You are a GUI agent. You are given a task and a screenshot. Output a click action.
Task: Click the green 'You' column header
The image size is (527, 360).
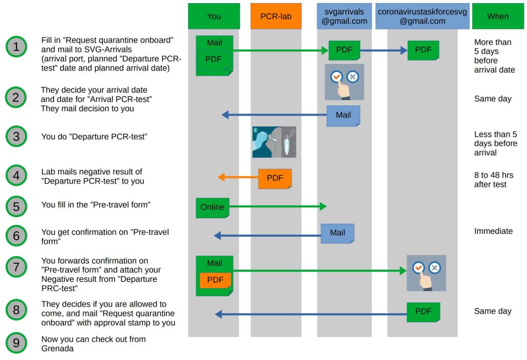[214, 16]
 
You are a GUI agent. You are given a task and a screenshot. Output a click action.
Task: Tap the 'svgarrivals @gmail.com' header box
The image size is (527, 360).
[344, 16]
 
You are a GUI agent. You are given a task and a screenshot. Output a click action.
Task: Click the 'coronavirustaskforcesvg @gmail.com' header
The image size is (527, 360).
[423, 16]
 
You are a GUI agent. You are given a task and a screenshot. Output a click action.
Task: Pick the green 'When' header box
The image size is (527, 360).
[498, 16]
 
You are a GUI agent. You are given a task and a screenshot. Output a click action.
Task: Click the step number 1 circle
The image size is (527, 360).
[16, 47]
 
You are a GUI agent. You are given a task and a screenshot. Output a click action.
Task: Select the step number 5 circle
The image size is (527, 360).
[16, 206]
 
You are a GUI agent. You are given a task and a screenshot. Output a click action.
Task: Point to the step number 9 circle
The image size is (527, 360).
[16, 343]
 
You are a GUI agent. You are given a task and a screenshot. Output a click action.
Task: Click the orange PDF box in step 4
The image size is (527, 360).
[275, 178]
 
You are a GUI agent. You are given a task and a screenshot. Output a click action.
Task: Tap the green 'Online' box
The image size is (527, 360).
[213, 207]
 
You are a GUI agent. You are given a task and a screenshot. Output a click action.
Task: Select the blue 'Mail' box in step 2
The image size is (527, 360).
[343, 116]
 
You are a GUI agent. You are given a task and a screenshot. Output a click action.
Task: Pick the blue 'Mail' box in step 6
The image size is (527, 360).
[337, 233]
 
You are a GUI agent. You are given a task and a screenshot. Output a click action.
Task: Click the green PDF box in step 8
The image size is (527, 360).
[424, 312]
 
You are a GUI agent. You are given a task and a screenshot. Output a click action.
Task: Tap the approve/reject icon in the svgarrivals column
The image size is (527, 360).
[344, 82]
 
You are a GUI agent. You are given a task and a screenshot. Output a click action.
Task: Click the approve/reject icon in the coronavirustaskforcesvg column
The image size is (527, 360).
[426, 273]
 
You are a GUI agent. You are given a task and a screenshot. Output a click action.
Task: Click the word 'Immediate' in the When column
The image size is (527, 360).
[493, 231]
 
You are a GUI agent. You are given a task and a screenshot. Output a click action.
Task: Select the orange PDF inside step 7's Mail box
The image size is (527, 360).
[215, 280]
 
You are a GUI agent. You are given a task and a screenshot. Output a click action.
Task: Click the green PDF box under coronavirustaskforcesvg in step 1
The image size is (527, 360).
[423, 50]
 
